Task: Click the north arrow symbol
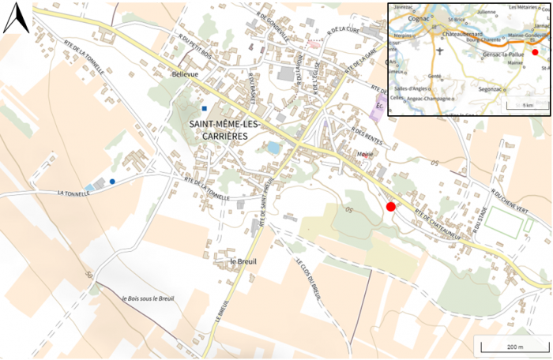[16, 20]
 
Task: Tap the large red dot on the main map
[390, 207]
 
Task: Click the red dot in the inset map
[535, 52]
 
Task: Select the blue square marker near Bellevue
[204, 108]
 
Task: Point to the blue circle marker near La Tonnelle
[112, 182]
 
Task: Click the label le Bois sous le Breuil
[148, 298]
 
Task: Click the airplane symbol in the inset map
[439, 51]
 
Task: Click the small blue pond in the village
[273, 148]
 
